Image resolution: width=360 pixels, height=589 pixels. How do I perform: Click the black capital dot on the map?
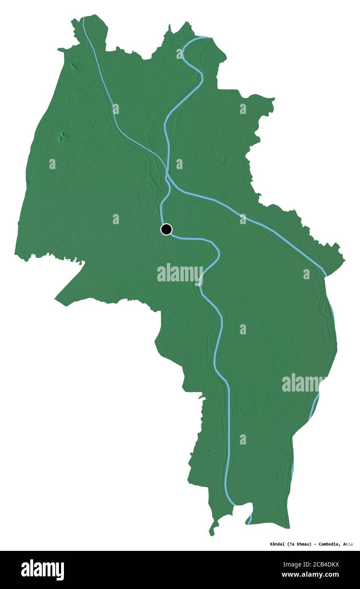pyautogui.click(x=166, y=229)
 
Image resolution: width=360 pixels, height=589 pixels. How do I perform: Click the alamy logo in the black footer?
pyautogui.click(x=42, y=570)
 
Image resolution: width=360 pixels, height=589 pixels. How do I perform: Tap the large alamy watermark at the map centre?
pyautogui.click(x=180, y=273)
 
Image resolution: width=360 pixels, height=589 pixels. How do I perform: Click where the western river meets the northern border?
pyautogui.click(x=83, y=18)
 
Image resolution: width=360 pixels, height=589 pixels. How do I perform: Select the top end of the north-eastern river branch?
pyautogui.click(x=210, y=38)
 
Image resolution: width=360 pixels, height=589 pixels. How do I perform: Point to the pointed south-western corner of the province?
pyautogui.click(x=56, y=300)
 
